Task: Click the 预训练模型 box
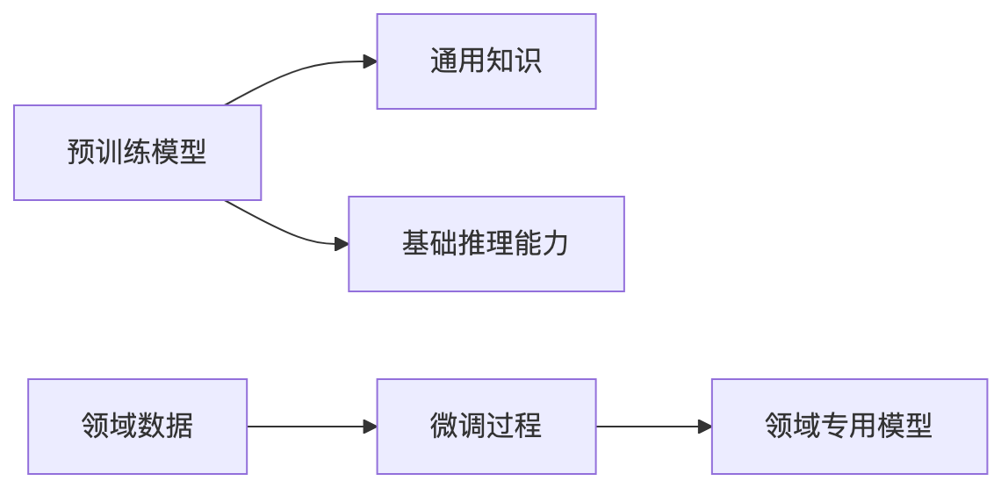coord(137,153)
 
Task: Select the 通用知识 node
coord(486,61)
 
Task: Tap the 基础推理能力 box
coord(486,243)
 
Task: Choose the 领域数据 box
coord(137,427)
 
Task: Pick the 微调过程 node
coord(486,427)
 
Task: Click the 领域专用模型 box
coord(848,427)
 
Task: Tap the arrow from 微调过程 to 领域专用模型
coord(653,427)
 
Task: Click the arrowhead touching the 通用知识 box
coord(370,61)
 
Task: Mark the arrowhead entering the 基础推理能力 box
coord(342,243)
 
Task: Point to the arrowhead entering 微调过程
coord(370,427)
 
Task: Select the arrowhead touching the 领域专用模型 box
coord(704,427)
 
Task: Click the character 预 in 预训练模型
coord(81,153)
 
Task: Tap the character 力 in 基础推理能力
coord(555,243)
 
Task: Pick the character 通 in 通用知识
coord(443,61)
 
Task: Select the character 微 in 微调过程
coord(443,427)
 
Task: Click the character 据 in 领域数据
coord(179,427)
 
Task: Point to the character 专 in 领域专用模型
coord(834,427)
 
